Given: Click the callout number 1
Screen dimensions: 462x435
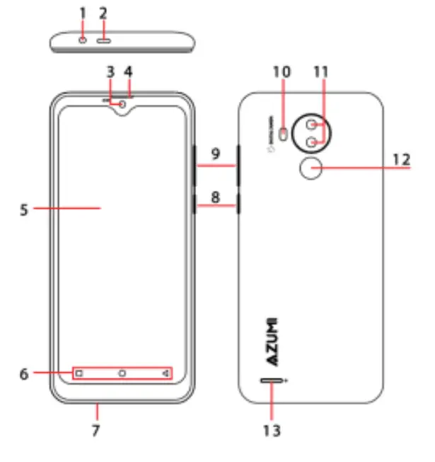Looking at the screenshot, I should (x=83, y=13).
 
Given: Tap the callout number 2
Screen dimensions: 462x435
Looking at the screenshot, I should (x=103, y=13).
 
